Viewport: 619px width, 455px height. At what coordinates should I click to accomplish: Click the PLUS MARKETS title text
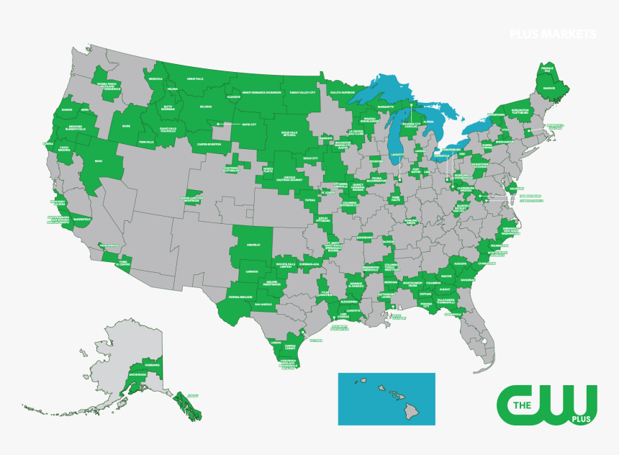(x=553, y=34)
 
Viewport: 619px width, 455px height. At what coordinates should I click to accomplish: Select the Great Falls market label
(x=196, y=78)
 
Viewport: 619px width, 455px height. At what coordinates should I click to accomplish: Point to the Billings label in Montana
(x=206, y=106)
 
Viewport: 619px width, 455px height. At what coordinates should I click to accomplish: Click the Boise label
(x=127, y=125)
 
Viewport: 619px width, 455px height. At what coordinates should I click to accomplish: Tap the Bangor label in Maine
(x=548, y=88)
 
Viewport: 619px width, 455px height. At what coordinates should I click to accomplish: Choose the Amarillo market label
(x=253, y=245)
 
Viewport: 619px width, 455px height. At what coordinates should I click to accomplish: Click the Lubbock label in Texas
(x=251, y=271)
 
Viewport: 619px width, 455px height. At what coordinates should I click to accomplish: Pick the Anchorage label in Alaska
(x=137, y=375)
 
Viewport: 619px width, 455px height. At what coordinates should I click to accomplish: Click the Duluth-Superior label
(x=338, y=92)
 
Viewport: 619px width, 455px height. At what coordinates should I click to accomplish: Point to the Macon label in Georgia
(x=446, y=276)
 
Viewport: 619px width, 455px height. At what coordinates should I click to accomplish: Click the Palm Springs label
(x=109, y=245)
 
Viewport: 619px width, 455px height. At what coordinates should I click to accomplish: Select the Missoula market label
(x=155, y=78)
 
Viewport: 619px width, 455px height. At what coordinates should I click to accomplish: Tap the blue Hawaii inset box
(x=387, y=398)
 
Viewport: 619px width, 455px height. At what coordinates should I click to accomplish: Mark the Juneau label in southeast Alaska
(x=191, y=396)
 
